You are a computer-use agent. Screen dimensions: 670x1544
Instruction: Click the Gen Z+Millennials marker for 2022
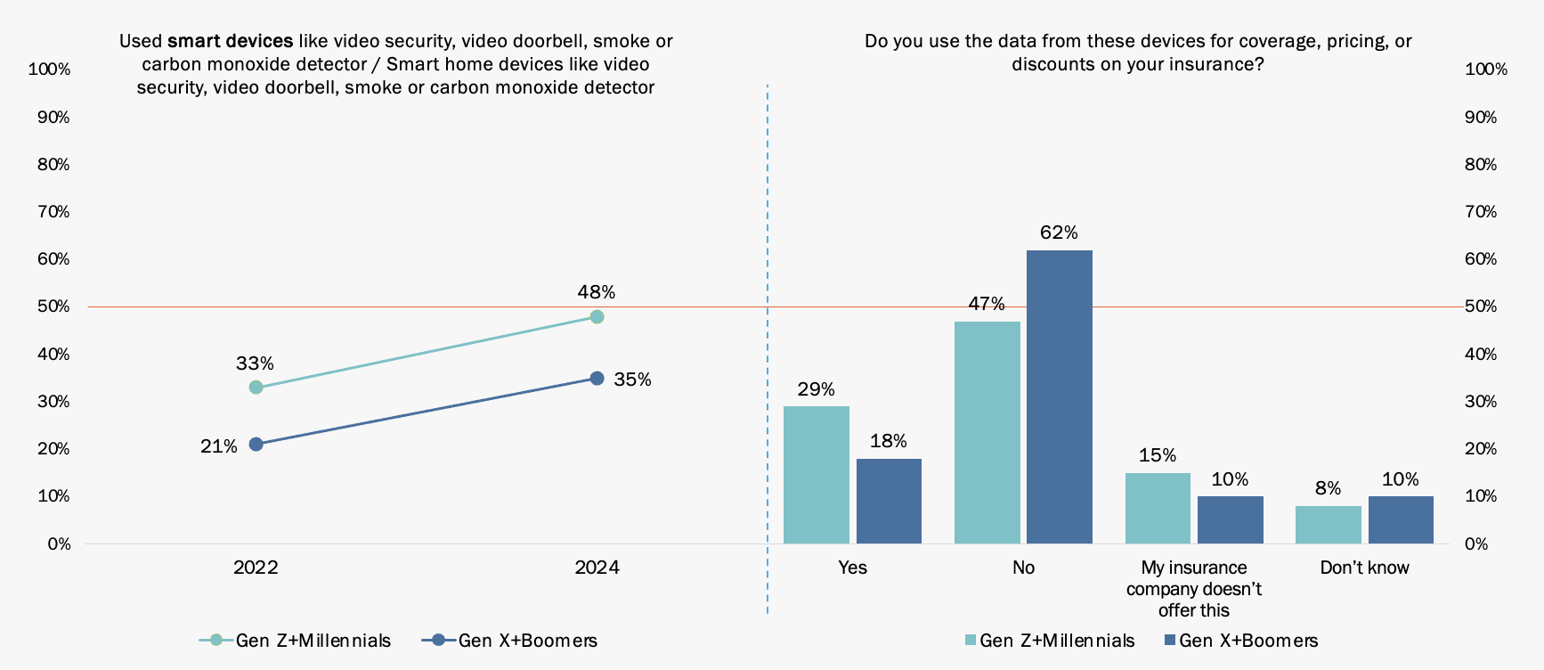tap(256, 387)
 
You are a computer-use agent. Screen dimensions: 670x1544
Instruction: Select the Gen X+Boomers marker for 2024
tap(597, 379)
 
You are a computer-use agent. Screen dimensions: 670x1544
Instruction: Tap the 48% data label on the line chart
tap(596, 292)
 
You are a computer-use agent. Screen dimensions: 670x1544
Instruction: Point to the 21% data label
tap(218, 446)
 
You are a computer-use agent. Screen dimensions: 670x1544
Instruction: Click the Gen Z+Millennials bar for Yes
tap(816, 475)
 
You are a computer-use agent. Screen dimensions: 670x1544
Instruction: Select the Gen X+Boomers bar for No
tap(1059, 396)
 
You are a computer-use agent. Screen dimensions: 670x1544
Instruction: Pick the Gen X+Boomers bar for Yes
tap(889, 501)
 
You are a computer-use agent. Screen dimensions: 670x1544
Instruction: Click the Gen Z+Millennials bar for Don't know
tap(1328, 525)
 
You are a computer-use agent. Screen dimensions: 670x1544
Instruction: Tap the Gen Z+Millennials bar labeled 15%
tap(1158, 508)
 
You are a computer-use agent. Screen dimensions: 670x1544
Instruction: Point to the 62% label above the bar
tap(1059, 233)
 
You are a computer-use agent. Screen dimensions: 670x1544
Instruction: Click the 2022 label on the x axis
tap(256, 568)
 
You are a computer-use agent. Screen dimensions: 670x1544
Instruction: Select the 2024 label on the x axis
tap(597, 568)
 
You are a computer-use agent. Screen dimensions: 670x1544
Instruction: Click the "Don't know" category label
tap(1364, 568)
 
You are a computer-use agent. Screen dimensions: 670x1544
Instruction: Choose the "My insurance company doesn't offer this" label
tap(1193, 589)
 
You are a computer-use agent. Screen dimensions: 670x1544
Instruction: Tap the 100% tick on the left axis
tap(49, 69)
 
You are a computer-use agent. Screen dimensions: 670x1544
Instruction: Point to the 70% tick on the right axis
tap(1481, 212)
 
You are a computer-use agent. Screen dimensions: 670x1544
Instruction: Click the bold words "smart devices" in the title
tap(230, 41)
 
